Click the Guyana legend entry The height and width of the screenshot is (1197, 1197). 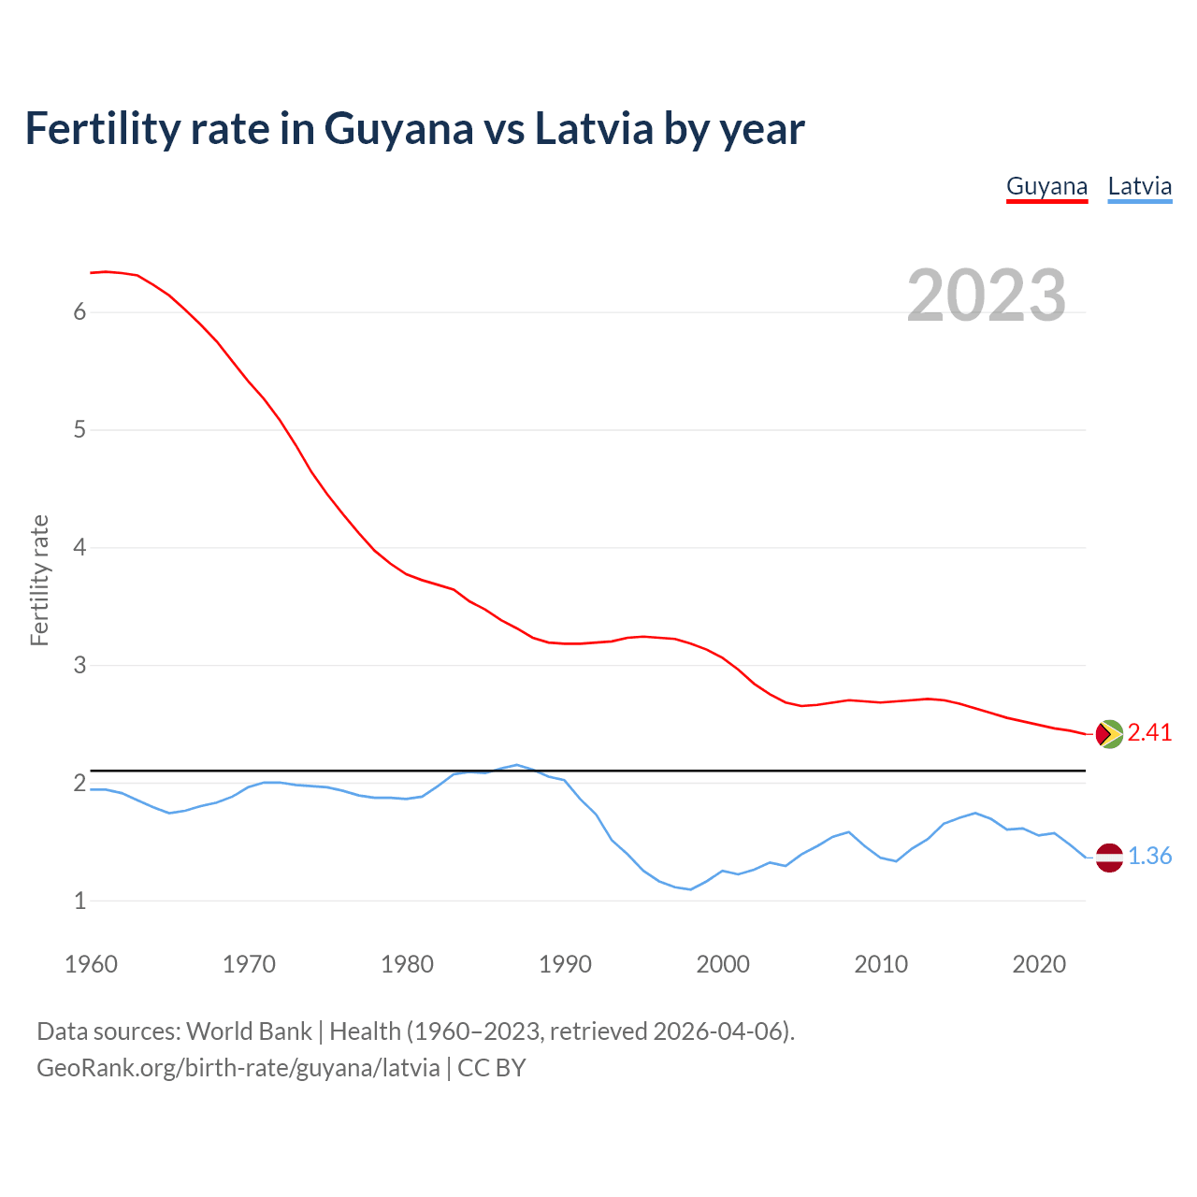1046,186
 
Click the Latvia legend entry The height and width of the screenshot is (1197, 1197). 1139,186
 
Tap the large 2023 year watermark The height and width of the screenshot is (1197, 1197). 986,296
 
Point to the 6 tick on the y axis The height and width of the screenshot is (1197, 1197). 79,312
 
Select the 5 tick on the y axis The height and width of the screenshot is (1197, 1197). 79,430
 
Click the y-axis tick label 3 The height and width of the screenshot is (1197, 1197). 79,666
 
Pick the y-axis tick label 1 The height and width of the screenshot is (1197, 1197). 79,901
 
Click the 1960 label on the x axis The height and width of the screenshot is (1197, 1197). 91,964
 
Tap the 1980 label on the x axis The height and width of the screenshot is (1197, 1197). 407,964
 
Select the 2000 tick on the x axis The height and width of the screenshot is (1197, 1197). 723,964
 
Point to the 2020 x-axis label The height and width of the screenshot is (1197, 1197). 1039,964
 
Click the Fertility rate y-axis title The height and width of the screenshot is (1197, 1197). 39,580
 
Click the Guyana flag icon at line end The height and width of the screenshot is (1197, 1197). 1108,734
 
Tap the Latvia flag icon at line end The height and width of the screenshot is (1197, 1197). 1108,857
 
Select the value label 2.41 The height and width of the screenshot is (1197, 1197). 1149,733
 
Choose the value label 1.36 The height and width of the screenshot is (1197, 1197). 1149,857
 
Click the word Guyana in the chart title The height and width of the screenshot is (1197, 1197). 398,129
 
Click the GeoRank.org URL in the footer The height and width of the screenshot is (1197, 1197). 238,1068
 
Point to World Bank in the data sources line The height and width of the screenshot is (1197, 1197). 249,1031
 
